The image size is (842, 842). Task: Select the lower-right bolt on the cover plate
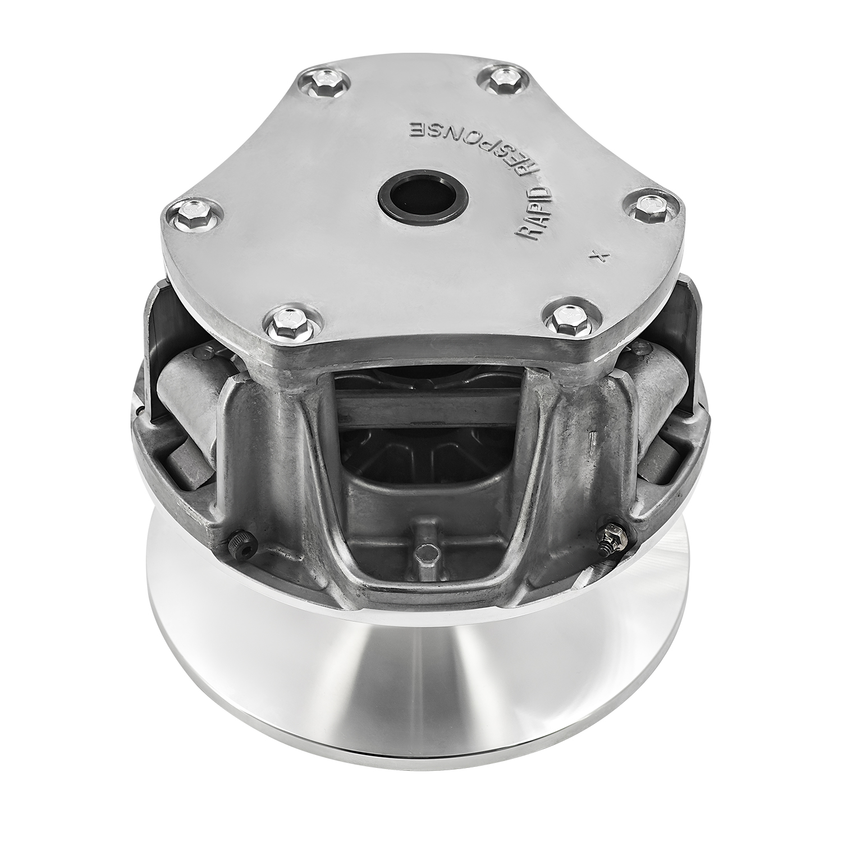coord(564,319)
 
